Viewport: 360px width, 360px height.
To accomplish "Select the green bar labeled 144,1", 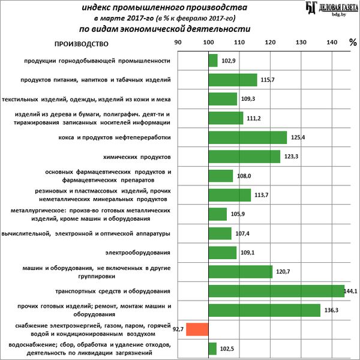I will point(276,291).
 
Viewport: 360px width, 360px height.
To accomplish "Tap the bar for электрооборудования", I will point(223,253).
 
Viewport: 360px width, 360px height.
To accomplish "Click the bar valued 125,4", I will point(247,137).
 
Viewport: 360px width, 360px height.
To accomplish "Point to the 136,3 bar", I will point(264,310).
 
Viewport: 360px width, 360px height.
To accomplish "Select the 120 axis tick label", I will point(270,43).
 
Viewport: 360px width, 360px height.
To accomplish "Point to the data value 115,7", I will point(268,80).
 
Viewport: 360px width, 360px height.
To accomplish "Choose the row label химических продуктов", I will point(138,157).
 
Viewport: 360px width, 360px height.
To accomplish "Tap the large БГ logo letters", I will point(310,8).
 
